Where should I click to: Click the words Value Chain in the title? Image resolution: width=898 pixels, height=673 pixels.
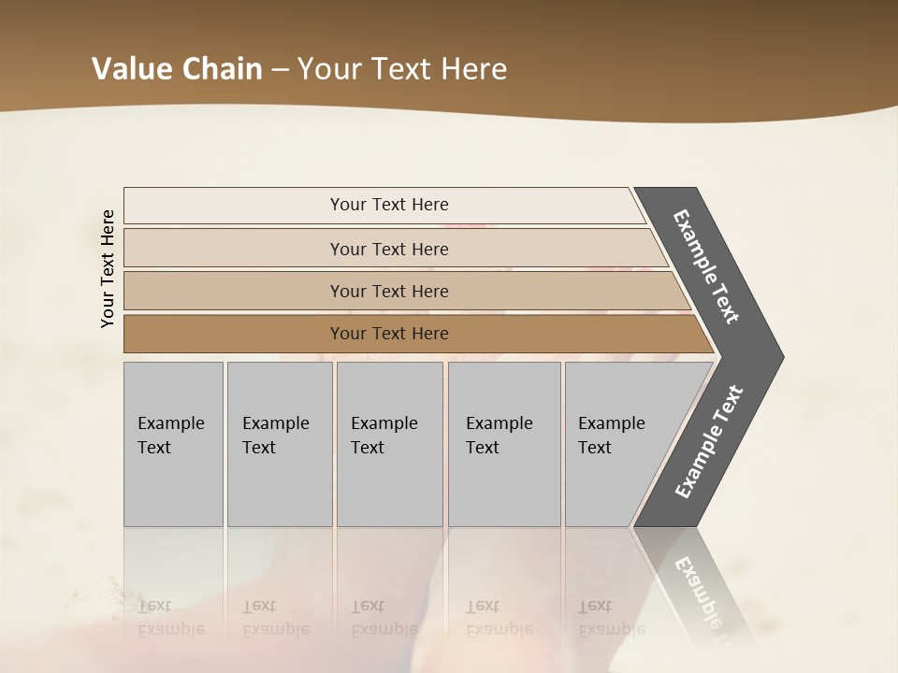point(177,68)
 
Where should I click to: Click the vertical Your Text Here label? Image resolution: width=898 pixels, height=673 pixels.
point(108,268)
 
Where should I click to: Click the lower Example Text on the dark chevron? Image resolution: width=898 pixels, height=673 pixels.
point(708,442)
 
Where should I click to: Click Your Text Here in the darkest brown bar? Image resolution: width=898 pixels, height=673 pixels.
point(389,334)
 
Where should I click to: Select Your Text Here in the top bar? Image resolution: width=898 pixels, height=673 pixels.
point(389,205)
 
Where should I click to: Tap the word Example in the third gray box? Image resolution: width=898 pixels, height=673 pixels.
point(384,423)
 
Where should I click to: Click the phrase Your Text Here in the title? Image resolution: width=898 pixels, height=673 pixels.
point(402,68)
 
